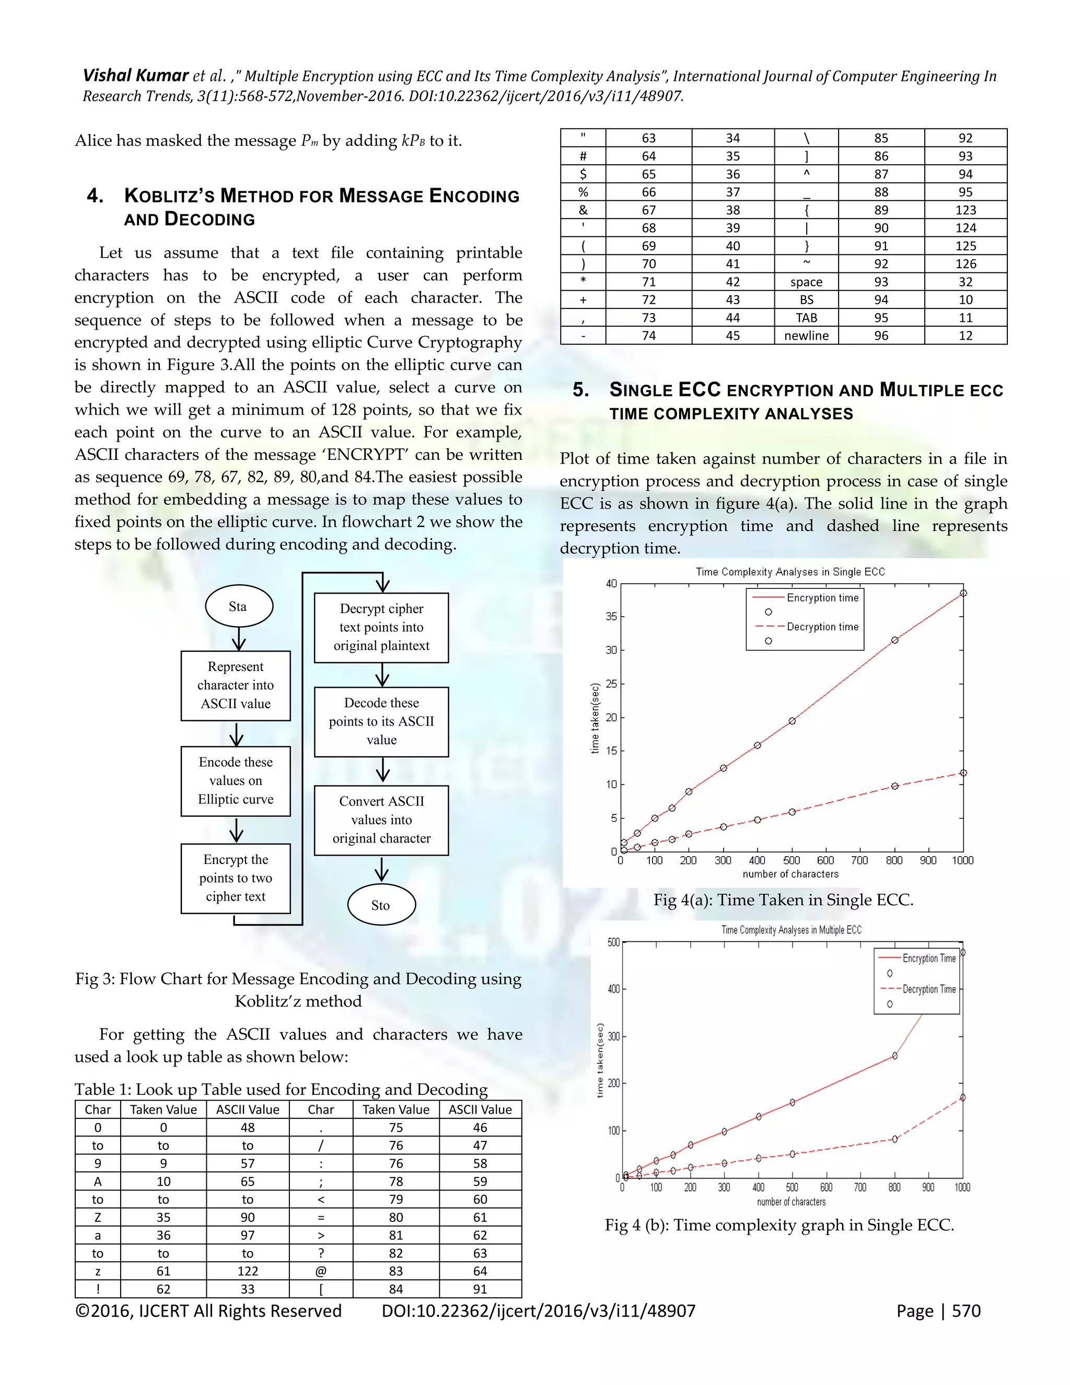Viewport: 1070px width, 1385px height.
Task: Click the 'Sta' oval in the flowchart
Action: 239,606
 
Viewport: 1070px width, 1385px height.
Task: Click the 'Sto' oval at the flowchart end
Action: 381,904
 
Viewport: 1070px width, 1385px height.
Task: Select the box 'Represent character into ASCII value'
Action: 236,686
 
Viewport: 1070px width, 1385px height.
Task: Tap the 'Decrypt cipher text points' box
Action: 381,627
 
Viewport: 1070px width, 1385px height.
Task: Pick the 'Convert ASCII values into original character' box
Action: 381,820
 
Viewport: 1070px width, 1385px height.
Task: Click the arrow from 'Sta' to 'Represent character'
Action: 238,639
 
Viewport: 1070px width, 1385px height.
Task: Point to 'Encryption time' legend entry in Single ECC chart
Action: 822,598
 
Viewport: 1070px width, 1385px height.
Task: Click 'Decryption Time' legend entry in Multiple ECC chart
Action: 928,989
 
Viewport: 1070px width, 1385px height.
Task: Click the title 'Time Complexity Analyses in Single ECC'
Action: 790,572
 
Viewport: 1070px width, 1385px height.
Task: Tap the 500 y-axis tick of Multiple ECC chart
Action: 613,942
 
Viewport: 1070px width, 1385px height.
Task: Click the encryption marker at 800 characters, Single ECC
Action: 894,641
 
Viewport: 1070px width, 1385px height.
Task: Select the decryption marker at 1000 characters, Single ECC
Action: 963,773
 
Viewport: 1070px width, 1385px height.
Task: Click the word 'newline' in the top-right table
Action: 806,336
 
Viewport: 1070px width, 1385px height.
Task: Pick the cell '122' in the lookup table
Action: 247,1271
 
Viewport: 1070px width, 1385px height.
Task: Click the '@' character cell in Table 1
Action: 321,1271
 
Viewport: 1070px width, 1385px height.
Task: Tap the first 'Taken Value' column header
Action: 163,1110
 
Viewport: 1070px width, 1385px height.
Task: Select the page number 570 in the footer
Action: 966,1311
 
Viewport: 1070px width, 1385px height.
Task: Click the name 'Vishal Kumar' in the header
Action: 136,76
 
